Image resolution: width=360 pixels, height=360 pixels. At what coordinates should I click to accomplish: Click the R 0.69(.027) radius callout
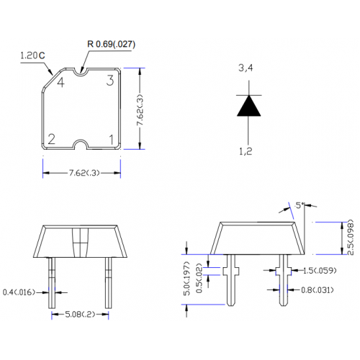[111, 44]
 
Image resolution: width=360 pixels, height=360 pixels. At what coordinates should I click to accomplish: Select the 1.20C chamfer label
[32, 55]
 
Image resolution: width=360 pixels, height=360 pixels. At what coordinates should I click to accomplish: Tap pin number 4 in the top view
[61, 82]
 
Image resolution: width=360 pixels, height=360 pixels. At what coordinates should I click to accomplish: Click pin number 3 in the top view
[110, 81]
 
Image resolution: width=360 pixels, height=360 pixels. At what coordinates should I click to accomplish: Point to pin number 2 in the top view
[52, 139]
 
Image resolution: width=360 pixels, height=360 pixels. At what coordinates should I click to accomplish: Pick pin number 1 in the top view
[111, 140]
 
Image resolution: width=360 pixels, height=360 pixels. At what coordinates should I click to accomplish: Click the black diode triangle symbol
[249, 106]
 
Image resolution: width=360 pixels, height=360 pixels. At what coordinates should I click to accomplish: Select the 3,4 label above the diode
[246, 68]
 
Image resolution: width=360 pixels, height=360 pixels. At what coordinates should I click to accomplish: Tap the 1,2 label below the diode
[246, 151]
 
